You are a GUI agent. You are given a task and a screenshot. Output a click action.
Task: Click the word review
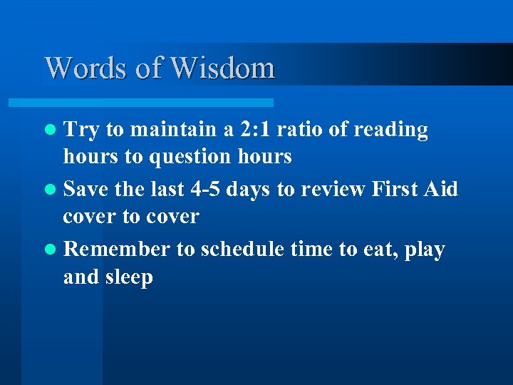click(x=331, y=190)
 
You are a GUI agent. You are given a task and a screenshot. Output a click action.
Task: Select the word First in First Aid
click(x=394, y=190)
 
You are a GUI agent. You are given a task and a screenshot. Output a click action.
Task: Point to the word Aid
click(x=442, y=190)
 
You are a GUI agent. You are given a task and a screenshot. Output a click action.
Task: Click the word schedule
click(x=243, y=250)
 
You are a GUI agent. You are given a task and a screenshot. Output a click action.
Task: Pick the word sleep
click(x=129, y=277)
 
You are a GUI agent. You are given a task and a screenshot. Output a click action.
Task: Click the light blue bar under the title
click(x=158, y=103)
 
